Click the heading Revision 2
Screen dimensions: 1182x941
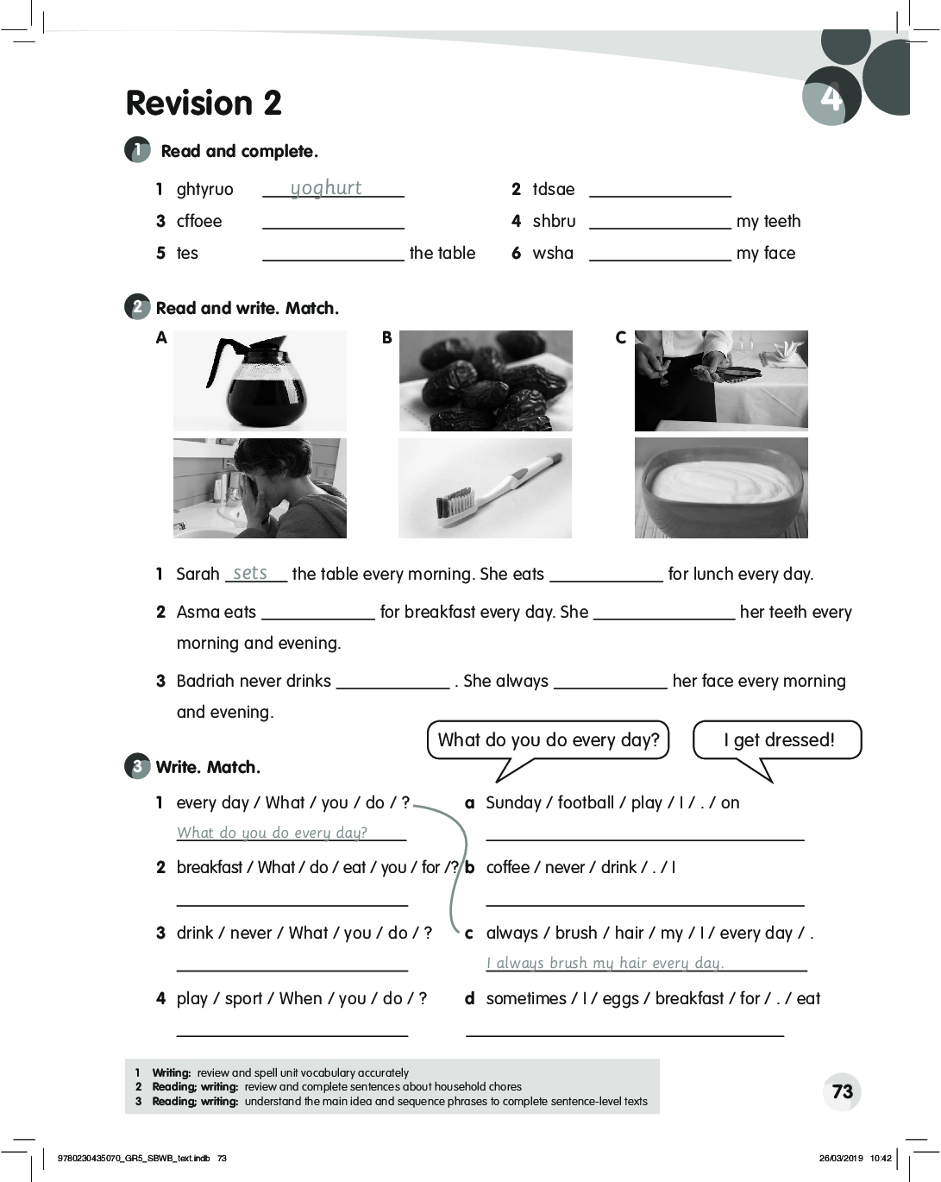(204, 103)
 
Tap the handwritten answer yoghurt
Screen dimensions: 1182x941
(325, 188)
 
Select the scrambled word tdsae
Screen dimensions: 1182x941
(553, 189)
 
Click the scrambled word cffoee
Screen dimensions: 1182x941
(199, 221)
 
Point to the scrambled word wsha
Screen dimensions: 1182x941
(553, 253)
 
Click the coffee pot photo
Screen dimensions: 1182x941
(260, 380)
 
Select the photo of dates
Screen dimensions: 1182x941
(486, 380)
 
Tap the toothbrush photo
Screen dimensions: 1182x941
(485, 488)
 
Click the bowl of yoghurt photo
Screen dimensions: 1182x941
(721, 488)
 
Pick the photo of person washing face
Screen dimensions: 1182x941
(260, 488)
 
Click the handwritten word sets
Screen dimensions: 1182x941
(250, 573)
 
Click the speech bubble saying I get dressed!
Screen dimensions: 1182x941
(778, 740)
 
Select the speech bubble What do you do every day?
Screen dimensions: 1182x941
(549, 740)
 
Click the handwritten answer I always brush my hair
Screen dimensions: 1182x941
(605, 963)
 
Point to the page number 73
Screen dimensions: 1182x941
(843, 1091)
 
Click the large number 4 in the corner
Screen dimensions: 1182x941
(831, 97)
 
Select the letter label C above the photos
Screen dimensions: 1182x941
(620, 337)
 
